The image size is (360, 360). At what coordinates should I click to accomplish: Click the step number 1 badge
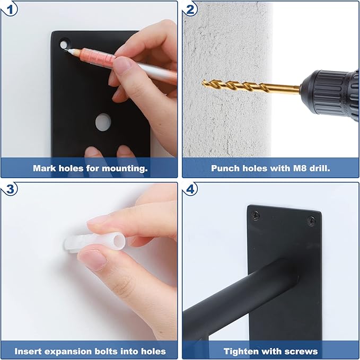(x=9, y=10)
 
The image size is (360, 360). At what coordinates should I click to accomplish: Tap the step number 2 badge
(x=190, y=10)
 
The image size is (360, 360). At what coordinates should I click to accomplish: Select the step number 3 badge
(x=9, y=190)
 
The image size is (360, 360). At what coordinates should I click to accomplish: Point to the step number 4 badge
(x=190, y=190)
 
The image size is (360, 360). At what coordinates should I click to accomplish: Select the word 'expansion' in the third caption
(x=66, y=352)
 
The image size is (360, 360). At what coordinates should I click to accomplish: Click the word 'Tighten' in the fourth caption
(x=241, y=352)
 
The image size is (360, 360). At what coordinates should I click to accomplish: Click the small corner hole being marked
(x=64, y=45)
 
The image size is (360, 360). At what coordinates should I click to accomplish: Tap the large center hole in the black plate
(x=103, y=122)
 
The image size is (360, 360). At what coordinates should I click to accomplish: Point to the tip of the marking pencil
(x=65, y=50)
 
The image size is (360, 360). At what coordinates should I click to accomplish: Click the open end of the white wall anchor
(x=119, y=242)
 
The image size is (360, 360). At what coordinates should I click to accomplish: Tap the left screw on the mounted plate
(x=255, y=215)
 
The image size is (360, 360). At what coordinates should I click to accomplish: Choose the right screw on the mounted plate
(x=311, y=221)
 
